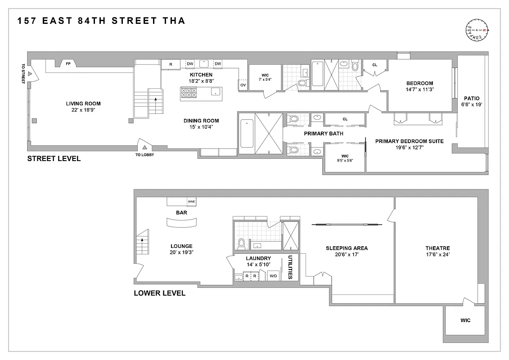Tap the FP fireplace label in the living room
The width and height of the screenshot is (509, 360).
(68, 64)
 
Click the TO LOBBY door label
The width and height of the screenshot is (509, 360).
(144, 155)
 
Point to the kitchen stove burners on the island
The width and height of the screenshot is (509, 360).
(189, 92)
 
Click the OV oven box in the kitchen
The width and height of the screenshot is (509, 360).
(243, 85)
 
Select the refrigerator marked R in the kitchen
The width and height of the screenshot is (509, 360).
(171, 64)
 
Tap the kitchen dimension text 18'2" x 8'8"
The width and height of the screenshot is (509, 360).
(201, 81)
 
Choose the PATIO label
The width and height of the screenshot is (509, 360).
(472, 98)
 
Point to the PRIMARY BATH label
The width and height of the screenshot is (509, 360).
(324, 134)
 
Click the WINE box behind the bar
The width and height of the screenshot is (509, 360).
(191, 202)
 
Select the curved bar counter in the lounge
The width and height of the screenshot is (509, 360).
(182, 223)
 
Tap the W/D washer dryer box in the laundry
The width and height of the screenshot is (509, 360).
(273, 276)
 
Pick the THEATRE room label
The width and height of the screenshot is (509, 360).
(437, 248)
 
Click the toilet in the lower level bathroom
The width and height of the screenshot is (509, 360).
(242, 243)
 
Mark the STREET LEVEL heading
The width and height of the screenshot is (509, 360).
(54, 158)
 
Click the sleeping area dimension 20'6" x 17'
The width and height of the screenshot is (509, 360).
(347, 255)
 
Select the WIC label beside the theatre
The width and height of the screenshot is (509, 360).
(465, 320)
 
